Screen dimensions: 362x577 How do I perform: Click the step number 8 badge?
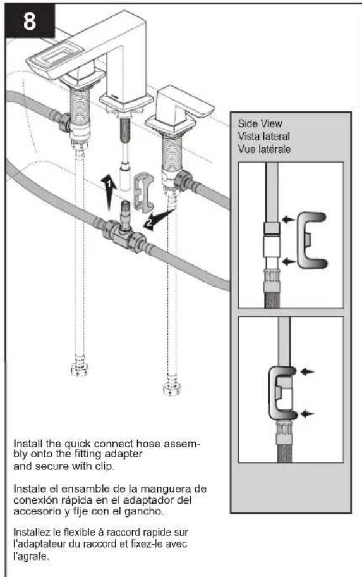pyautogui.click(x=30, y=21)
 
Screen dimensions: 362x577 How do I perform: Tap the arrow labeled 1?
pyautogui.click(x=109, y=193)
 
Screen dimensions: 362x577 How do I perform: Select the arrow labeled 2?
pyautogui.click(x=158, y=220)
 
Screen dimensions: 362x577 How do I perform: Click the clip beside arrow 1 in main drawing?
pyautogui.click(x=143, y=192)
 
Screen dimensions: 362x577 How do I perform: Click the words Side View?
pyautogui.click(x=260, y=123)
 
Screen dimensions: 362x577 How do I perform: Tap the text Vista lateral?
pyautogui.click(x=263, y=137)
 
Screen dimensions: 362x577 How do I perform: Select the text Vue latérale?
pyautogui.click(x=264, y=149)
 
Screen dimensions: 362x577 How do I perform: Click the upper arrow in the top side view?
pyautogui.click(x=289, y=220)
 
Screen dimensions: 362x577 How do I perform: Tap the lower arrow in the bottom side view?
pyautogui.click(x=308, y=414)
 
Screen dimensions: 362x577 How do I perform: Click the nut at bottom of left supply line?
pyautogui.click(x=80, y=369)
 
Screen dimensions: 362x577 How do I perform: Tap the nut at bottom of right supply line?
pyautogui.click(x=172, y=389)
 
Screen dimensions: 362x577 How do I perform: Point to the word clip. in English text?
pyautogui.click(x=105, y=467)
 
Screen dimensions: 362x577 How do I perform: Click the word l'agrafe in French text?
pyautogui.click(x=31, y=556)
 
